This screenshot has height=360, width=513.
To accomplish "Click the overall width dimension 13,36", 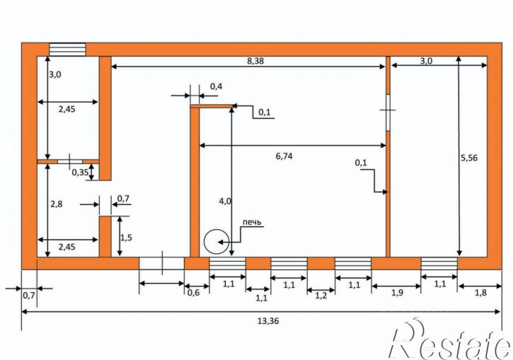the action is pos(268,321).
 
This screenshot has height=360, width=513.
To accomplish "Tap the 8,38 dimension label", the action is pos(255,61).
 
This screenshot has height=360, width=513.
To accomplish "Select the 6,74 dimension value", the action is pos(284,156).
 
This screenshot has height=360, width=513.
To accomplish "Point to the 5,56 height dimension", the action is pos(469,158).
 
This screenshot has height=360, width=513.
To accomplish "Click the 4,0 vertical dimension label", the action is pos(225,201).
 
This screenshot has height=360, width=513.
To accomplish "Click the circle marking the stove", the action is pos(216,242).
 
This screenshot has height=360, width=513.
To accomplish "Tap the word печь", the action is pos(252,222).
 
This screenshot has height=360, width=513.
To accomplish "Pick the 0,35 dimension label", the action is pos(81,173).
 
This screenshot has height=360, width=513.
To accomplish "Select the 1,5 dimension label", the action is pos(126,238).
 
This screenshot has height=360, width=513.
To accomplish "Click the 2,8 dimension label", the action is pos(57,204).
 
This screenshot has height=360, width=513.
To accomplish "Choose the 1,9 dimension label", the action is pos(397,293).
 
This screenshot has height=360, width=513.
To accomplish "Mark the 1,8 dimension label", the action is pos(480,293).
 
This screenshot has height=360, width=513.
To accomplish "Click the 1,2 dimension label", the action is pos(321,296).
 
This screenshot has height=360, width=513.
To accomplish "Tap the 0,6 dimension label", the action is pos(193,293).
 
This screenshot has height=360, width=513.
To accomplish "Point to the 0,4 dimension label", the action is pos(216,87).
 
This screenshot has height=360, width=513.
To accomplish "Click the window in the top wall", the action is pos(67,50).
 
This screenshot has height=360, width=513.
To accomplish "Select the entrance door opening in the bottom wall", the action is pos(161,264).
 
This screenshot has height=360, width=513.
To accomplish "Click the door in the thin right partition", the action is pos(388,112).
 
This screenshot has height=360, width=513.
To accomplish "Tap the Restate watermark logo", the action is pos(450,340).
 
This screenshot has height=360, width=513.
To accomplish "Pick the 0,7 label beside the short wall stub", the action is pos(123,198).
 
